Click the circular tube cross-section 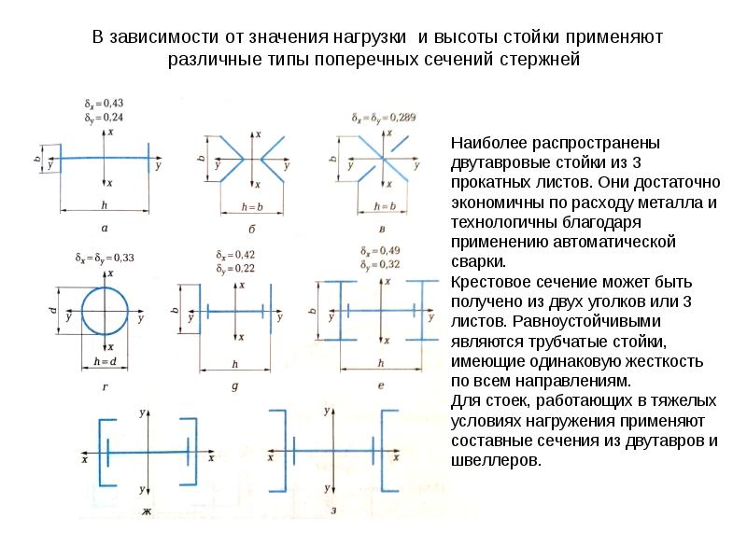click(110, 316)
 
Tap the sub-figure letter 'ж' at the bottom click(147, 511)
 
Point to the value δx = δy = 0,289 click(383, 119)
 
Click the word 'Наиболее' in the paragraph click(485, 144)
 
